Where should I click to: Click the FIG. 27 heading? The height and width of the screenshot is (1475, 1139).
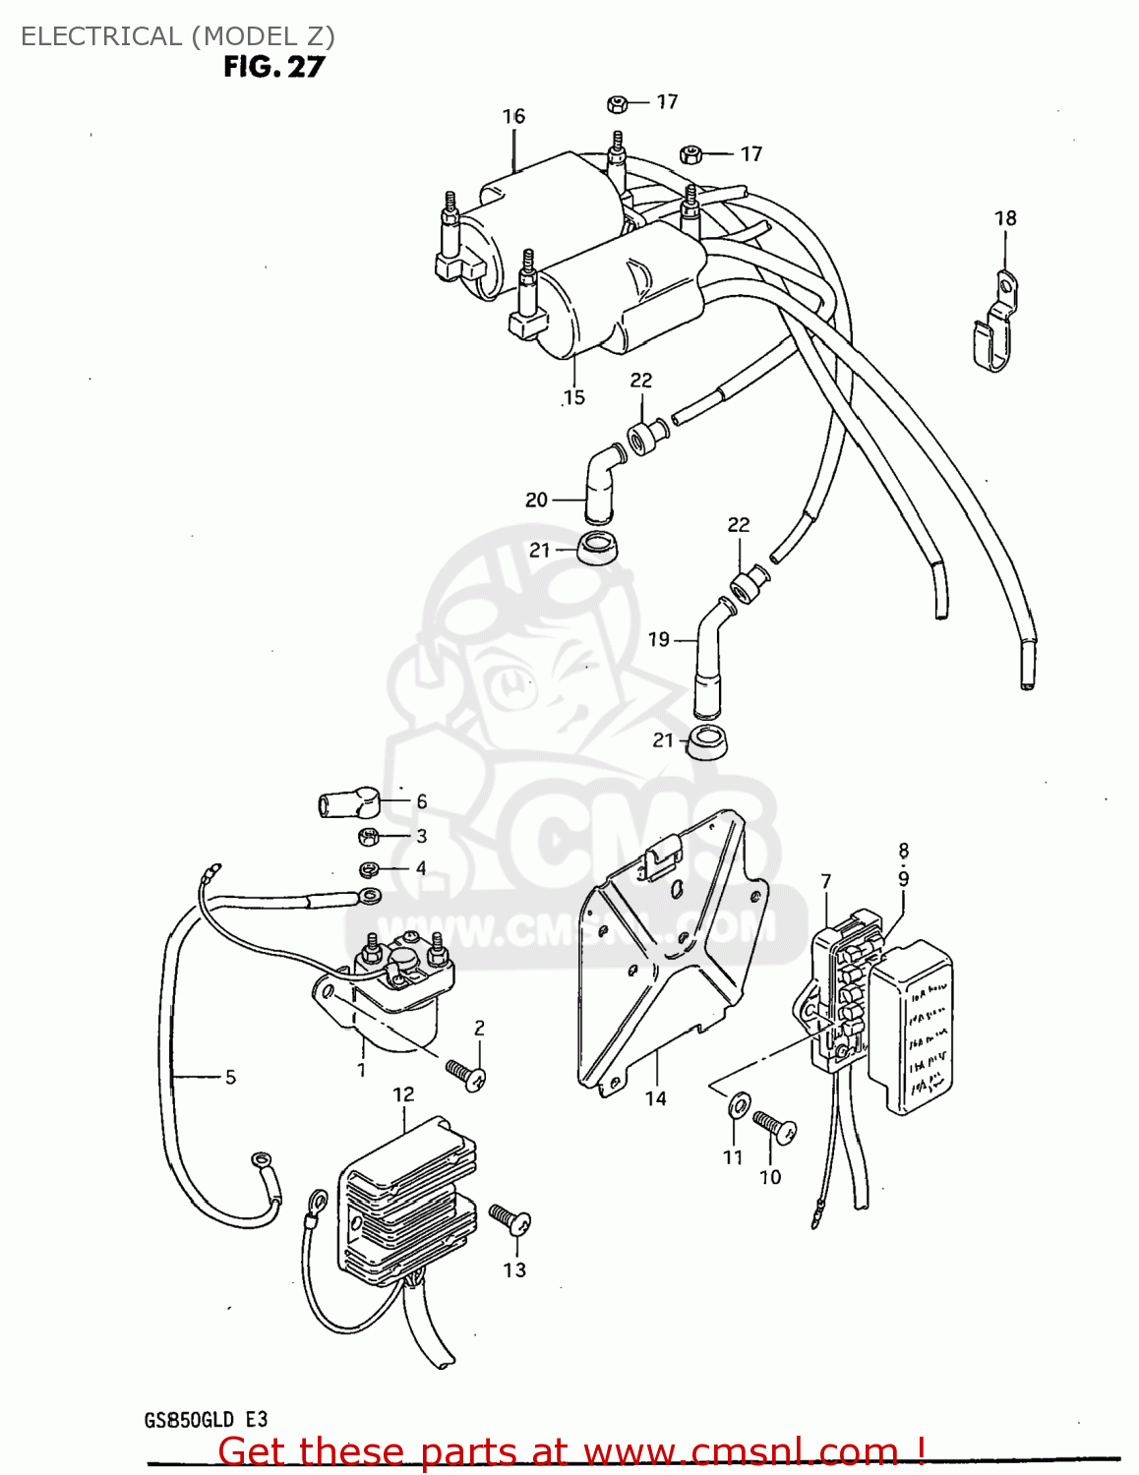point(273,67)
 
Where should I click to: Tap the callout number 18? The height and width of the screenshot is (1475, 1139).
point(1004,218)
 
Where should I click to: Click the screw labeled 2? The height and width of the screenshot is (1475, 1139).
point(465,1074)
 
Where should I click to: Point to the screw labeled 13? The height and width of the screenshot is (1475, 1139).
point(510,1220)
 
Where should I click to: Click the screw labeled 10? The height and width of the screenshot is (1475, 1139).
point(775,1126)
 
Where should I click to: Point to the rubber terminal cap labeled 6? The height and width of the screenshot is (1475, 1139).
point(348,803)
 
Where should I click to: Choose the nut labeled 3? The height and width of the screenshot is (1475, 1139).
point(369,837)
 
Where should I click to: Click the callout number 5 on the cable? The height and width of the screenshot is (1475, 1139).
point(230,1077)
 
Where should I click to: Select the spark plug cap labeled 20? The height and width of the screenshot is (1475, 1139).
point(599,482)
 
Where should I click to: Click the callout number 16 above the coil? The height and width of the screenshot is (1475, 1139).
point(513,116)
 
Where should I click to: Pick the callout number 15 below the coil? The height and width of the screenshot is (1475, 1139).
point(574,397)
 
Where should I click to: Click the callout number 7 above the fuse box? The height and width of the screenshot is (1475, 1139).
point(826,882)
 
